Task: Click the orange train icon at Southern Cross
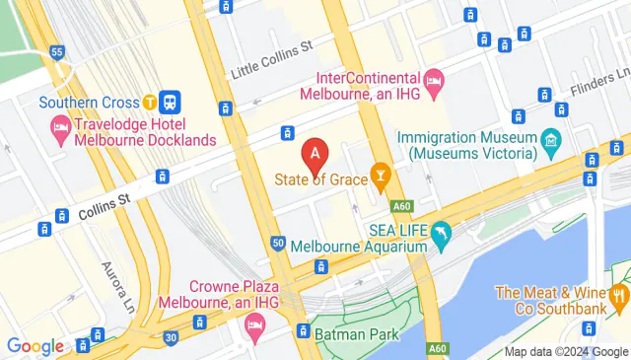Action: click(x=149, y=101)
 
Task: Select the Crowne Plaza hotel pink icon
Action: click(x=255, y=323)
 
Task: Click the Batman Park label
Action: click(x=365, y=334)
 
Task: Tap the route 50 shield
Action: click(x=279, y=243)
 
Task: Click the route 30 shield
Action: click(x=171, y=336)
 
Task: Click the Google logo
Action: click(x=35, y=346)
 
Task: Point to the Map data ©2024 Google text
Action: click(x=566, y=352)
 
